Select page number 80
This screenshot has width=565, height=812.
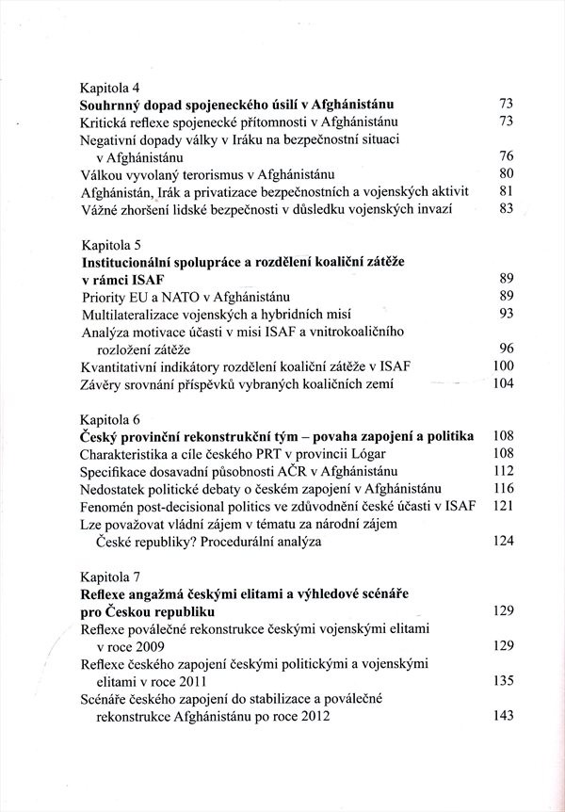[x=504, y=174]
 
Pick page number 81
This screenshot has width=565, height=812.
[x=504, y=191]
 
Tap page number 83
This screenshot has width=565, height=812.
[x=504, y=208]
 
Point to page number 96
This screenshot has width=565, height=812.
[x=504, y=348]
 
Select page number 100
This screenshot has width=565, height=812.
[x=501, y=365]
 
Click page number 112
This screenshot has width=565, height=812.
[x=501, y=470]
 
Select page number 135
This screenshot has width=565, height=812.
[x=501, y=679]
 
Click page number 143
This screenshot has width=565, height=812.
[x=501, y=715]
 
